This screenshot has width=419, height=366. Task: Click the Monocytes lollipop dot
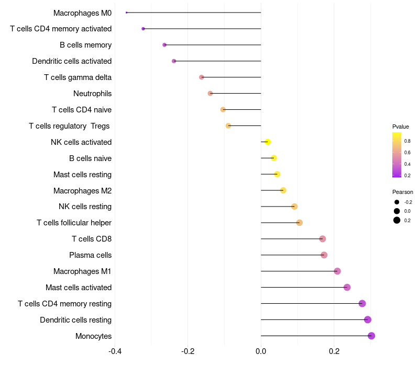tap(371, 336)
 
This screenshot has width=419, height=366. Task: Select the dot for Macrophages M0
tap(127, 13)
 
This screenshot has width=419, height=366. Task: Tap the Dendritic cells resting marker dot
tap(368, 319)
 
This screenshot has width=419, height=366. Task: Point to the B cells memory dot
tap(164, 45)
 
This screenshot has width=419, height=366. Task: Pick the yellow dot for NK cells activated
tap(268, 142)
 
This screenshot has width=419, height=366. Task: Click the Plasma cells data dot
tap(324, 255)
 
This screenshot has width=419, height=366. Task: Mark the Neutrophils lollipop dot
tap(210, 94)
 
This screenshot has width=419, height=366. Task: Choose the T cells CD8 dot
tap(323, 239)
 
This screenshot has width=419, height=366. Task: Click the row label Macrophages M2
tap(82, 190)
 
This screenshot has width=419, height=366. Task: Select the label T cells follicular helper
tap(74, 223)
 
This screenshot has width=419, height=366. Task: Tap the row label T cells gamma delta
tap(78, 77)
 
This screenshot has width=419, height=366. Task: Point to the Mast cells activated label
tap(79, 288)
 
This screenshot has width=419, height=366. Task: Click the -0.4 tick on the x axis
tap(115, 351)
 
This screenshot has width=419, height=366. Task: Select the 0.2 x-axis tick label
tap(334, 351)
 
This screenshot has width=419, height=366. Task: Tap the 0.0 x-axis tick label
tap(261, 351)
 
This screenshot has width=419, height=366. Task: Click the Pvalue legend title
tap(401, 127)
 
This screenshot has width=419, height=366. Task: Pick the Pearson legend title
tap(403, 192)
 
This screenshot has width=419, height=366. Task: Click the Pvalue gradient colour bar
tap(397, 155)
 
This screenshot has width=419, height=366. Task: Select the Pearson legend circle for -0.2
tap(397, 202)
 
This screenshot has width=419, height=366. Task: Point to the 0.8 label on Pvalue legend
tap(407, 141)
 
